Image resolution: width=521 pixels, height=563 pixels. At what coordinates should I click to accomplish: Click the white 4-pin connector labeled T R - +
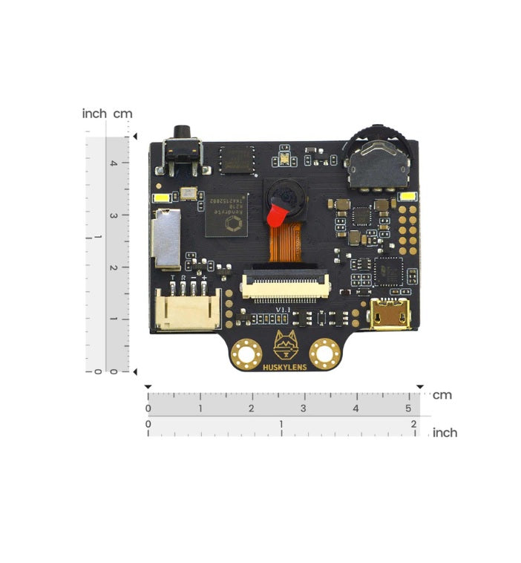click(x=188, y=307)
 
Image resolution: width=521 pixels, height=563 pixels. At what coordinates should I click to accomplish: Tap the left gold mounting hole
click(x=245, y=351)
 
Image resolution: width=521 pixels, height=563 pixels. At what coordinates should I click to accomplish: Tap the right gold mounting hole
click(x=324, y=351)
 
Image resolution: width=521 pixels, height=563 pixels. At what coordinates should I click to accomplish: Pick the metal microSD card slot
click(x=166, y=238)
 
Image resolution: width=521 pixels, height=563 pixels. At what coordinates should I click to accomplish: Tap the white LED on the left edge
click(x=161, y=198)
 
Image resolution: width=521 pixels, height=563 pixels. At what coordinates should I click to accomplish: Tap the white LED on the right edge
click(x=408, y=197)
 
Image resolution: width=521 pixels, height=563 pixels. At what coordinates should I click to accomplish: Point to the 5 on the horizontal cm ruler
click(x=408, y=409)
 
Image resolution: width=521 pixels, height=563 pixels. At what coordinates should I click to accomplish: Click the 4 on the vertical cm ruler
click(x=113, y=164)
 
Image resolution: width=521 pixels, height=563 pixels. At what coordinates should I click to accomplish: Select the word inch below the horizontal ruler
click(x=445, y=432)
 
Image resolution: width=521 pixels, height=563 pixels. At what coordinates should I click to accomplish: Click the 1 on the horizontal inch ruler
click(x=281, y=424)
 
